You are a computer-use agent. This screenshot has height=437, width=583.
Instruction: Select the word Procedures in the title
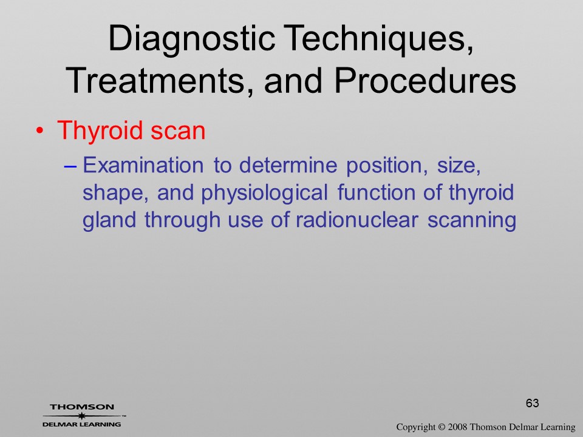(425, 80)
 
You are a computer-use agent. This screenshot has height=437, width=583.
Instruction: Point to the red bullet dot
(39, 131)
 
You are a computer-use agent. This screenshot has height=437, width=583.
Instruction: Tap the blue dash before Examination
(70, 167)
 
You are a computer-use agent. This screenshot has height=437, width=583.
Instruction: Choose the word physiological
(264, 193)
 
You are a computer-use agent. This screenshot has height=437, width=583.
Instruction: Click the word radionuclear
(357, 220)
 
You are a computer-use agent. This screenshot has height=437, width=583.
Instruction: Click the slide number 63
(533, 403)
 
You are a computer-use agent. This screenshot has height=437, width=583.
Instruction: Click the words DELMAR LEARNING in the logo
(82, 424)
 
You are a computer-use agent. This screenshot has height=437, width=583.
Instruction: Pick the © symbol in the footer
(442, 427)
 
